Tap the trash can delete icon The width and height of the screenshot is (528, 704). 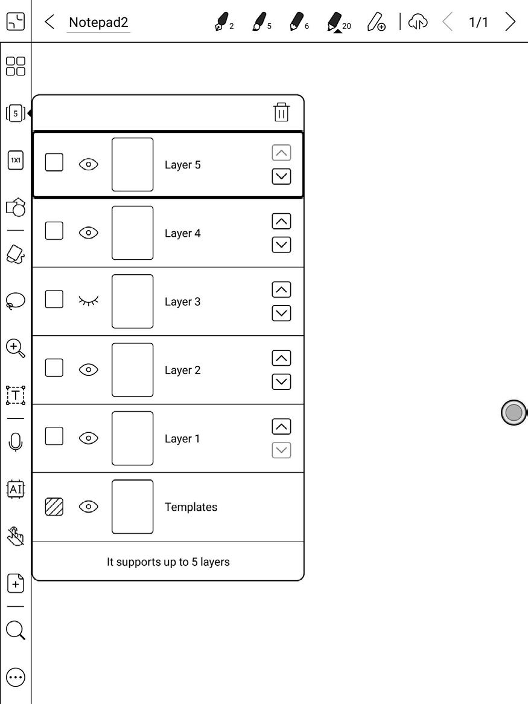281,112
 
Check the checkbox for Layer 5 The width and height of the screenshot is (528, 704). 54,162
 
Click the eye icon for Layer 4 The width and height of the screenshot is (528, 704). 89,232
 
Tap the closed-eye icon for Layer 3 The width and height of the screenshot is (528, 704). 89,300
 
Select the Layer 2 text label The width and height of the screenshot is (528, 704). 182,370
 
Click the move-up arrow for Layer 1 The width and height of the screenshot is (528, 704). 281,426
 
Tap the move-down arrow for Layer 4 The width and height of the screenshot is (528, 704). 281,245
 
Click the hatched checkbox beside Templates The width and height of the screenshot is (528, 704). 54,507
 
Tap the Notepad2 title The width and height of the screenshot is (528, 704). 98,23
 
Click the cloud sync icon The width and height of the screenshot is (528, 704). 418,23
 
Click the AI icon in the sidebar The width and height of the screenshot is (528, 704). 16,488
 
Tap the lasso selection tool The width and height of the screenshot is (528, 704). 16,301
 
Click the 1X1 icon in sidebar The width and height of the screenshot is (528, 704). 16,161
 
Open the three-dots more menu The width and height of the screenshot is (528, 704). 16,677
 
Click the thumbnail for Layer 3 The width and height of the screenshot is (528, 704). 132,301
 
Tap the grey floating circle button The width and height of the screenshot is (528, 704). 514,413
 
